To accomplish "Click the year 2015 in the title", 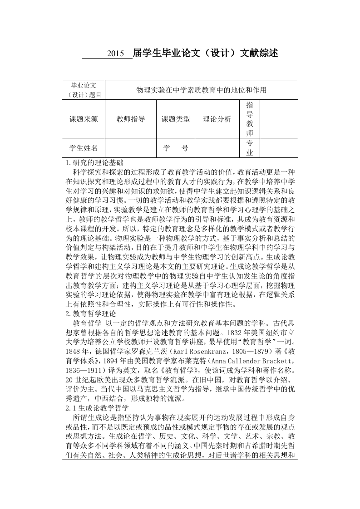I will click(x=115, y=54).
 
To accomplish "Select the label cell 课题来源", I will click(x=83, y=119).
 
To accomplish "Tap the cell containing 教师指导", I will click(x=130, y=119).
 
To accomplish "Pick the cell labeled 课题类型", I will click(x=176, y=119).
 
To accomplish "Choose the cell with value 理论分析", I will click(x=217, y=119).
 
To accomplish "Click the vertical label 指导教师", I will click(x=249, y=119).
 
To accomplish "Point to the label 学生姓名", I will click(x=83, y=148).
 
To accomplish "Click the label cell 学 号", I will click(x=176, y=148).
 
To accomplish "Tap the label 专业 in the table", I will click(x=249, y=148).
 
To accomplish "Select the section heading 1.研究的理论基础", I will click(x=94, y=162).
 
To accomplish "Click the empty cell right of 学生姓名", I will click(x=130, y=148).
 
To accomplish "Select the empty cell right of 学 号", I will click(x=217, y=148).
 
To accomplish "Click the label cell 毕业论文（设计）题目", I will click(x=83, y=90).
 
